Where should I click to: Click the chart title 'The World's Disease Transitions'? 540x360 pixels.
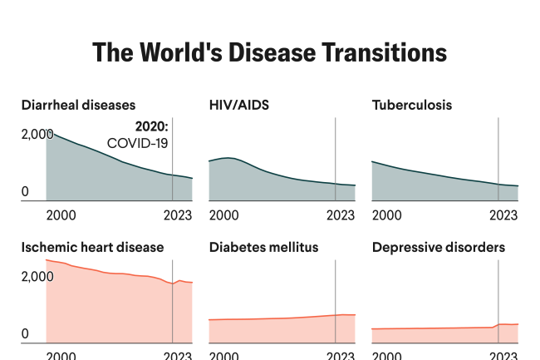[x=269, y=52]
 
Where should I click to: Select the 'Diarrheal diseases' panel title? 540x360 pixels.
[x=78, y=105]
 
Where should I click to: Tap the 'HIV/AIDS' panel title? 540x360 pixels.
[x=238, y=105]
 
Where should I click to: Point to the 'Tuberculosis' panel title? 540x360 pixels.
[x=412, y=105]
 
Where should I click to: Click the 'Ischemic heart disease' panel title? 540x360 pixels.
[x=92, y=247]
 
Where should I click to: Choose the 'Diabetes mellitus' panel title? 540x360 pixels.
[x=263, y=247]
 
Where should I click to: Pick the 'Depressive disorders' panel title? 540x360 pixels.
[x=438, y=247]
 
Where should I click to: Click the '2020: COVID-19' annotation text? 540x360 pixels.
[x=140, y=135]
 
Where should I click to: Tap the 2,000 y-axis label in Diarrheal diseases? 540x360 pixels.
[x=37, y=134]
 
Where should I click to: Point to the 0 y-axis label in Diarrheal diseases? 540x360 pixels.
[x=25, y=192]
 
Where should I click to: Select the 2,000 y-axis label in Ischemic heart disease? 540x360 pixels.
[x=37, y=276]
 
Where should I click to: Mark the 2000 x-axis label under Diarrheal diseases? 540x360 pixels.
[x=61, y=215]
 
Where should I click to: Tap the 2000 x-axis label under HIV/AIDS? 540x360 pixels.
[x=224, y=215]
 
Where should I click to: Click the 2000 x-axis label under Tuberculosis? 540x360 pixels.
[x=387, y=215]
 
